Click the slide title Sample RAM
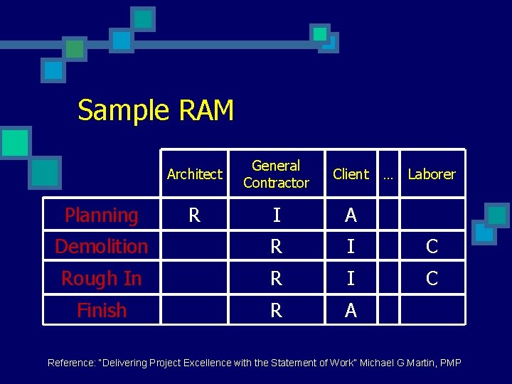point(155,111)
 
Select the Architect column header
point(194,174)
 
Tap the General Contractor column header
point(276,174)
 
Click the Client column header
point(351,174)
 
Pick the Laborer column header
point(431,174)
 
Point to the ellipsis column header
point(388,174)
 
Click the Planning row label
point(101,215)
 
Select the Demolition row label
point(101,247)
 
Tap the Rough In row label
point(101,279)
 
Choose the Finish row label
point(101,311)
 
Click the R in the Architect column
point(194,215)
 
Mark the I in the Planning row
point(276,215)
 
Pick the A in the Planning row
point(351,215)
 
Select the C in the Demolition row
point(431,247)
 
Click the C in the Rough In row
point(431,279)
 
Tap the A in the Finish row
point(351,311)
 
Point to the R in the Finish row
point(276,311)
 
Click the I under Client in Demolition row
point(351,247)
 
